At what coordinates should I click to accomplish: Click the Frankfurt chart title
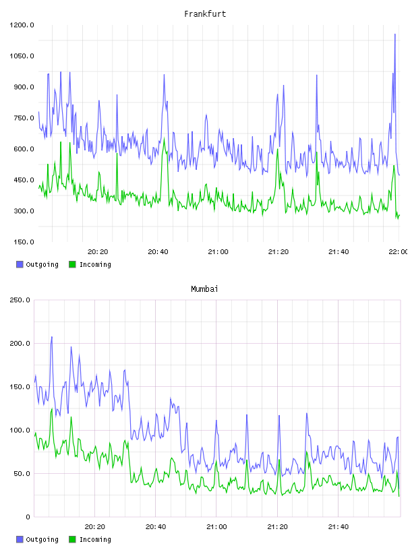pos(205,14)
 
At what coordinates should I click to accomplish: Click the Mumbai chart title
pos(204,289)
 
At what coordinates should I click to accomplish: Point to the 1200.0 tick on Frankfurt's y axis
pos(22,25)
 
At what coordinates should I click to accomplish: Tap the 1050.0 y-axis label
pos(22,56)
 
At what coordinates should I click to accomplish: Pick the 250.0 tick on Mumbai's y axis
pos(20,300)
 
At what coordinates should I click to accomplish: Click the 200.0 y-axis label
pos(20,343)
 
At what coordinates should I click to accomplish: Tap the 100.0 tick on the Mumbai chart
pos(20,430)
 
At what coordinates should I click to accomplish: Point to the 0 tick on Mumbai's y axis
pos(28,517)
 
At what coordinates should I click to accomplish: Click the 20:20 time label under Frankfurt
pos(98,251)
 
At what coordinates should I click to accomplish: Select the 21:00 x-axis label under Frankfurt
pos(218,251)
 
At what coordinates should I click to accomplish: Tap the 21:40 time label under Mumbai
pos(339,526)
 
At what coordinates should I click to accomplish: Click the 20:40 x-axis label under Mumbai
pos(156,526)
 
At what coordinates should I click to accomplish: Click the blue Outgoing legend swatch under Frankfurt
pos(20,264)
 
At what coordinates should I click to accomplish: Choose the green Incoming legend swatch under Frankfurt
pos(72,264)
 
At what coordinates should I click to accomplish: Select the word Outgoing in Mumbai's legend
pos(42,539)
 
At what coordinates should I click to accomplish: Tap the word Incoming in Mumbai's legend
pos(95,539)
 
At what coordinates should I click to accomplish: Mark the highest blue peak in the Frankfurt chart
pos(395,34)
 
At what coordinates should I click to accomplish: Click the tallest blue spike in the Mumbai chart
pos(52,337)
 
